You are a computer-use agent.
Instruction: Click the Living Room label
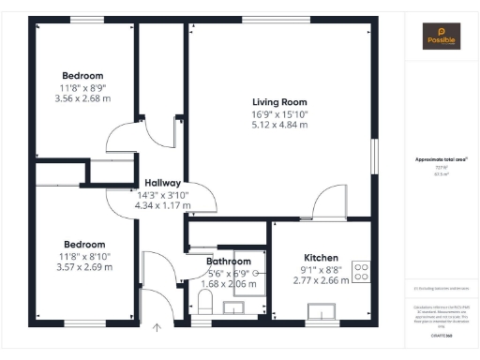pos(279,102)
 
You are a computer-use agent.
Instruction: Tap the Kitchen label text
pos(320,257)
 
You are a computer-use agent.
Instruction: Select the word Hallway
pos(162,183)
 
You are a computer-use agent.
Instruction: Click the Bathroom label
pos(229,262)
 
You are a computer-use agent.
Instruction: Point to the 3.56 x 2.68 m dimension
pos(82,97)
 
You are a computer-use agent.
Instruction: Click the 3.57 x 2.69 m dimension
pos(83,266)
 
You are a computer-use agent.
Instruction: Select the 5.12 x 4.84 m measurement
pos(279,125)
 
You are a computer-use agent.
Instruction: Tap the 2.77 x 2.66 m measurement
pos(321,279)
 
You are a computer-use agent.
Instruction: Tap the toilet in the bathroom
pos(207,303)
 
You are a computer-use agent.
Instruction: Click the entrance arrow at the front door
pos(157,328)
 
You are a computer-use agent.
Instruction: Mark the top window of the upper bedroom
pos(87,19)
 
